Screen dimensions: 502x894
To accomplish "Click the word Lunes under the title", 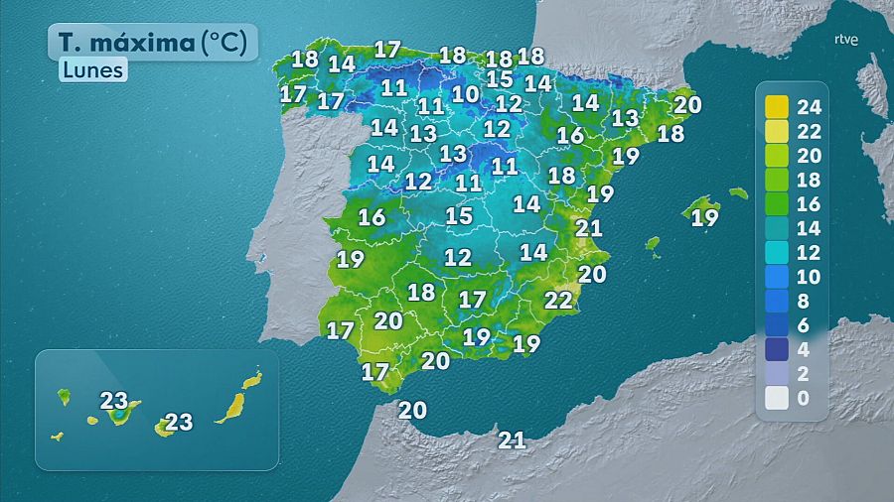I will click(92, 70).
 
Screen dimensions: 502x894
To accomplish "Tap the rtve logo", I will click(845, 40).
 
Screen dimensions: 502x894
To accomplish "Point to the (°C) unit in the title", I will click(229, 43).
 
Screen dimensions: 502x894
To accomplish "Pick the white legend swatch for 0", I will click(777, 398).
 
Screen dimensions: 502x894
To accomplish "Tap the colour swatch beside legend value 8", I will click(777, 301).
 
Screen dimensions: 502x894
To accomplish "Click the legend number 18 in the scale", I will click(811, 180).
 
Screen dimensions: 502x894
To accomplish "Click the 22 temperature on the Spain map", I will click(559, 299).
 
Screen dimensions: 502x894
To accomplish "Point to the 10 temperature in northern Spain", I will click(465, 94).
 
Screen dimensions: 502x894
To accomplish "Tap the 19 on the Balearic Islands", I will click(704, 217).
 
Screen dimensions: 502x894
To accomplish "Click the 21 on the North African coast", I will click(513, 440).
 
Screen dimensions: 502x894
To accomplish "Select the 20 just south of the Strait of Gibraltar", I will click(412, 410).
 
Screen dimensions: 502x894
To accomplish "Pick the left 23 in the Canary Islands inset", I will click(114, 402).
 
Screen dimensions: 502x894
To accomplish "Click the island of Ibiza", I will click(653, 243).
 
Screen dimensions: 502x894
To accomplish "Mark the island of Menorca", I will click(738, 193).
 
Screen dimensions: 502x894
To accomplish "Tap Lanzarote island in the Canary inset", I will click(253, 379).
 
